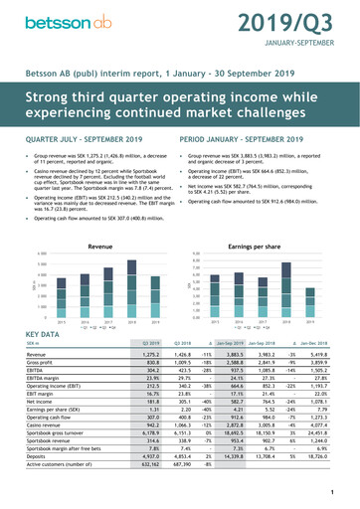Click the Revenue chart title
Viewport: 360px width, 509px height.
(x=99, y=217)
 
